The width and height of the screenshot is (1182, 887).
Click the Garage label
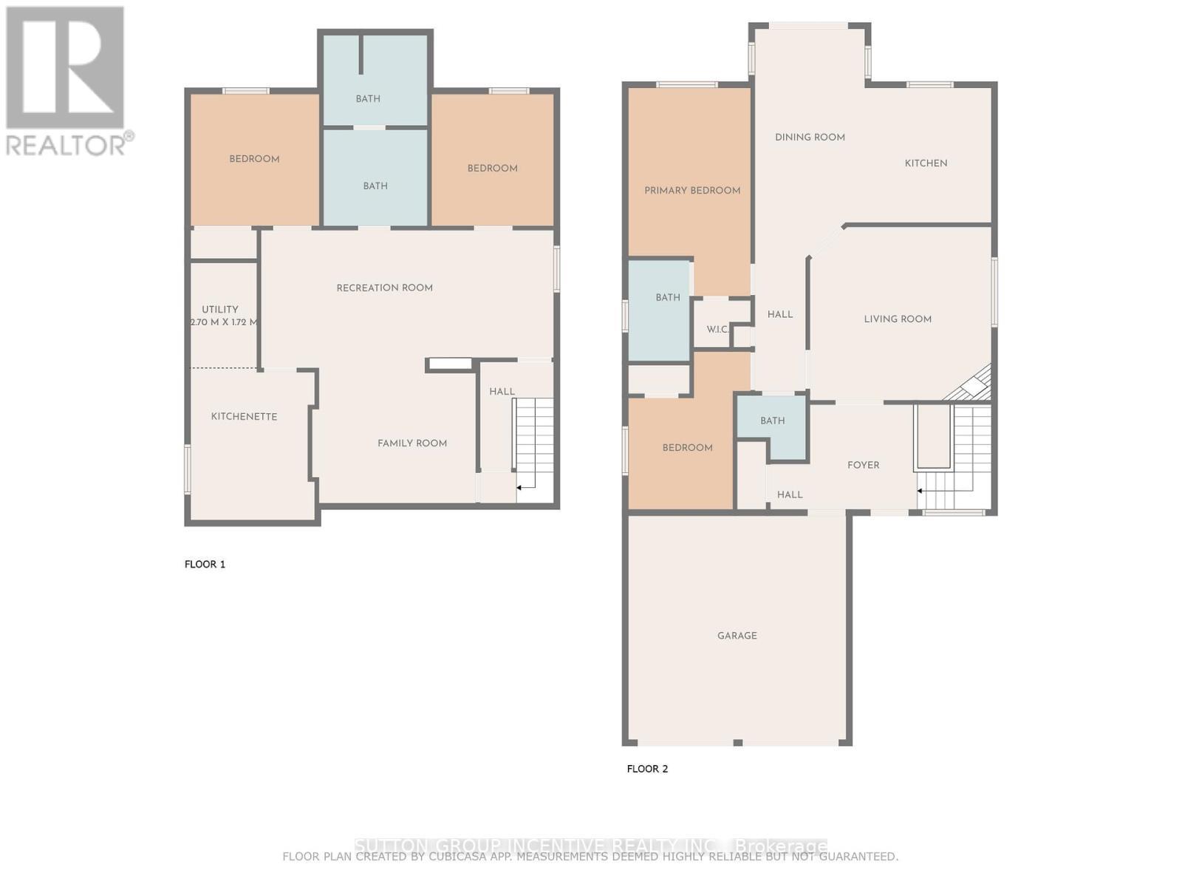737,636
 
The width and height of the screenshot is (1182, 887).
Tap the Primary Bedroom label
692,191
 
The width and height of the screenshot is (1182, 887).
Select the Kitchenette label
244,417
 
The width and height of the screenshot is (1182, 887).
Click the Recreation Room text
384,288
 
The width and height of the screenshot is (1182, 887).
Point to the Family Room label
412,443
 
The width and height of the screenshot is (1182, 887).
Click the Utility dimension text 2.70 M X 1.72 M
224,322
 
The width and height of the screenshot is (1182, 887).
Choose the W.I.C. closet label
717,330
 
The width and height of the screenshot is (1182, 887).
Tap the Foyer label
863,466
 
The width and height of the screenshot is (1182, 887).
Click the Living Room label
898,319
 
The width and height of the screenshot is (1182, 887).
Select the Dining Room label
810,137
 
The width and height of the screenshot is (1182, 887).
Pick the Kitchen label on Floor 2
926,163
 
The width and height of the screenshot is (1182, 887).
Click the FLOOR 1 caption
205,564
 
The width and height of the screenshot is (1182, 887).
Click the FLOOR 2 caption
647,769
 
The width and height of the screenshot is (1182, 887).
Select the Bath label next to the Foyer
773,421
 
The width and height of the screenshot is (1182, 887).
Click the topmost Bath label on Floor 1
368,99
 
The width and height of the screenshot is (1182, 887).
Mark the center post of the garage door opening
737,742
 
